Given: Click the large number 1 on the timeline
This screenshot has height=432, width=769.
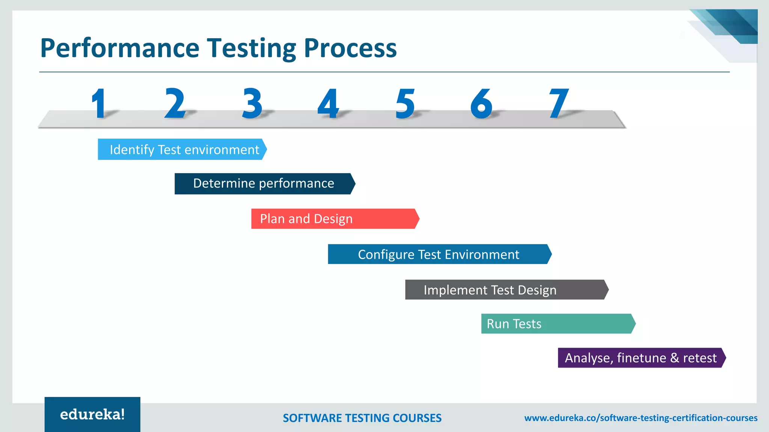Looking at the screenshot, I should coord(99,103).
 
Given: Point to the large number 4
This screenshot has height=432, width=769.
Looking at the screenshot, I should coord(328,103).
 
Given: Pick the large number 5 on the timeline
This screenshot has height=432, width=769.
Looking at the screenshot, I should coord(405,103).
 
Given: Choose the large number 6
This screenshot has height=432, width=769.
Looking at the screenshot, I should coord(481,103).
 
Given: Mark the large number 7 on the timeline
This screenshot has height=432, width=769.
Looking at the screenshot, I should coord(559,103).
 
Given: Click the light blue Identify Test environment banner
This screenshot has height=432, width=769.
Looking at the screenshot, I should coord(182,149).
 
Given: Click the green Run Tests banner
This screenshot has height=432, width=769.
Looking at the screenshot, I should coord(558,324).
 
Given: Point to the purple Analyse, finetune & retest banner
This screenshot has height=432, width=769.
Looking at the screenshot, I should coord(641,358).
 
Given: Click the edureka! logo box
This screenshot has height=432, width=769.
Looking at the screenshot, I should coord(92,414).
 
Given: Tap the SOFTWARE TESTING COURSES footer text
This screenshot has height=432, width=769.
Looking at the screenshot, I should coord(362,418).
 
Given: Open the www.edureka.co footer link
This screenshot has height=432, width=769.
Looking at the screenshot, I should coord(641,418).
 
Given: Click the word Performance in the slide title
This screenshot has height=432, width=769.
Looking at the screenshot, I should coord(119,48).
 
